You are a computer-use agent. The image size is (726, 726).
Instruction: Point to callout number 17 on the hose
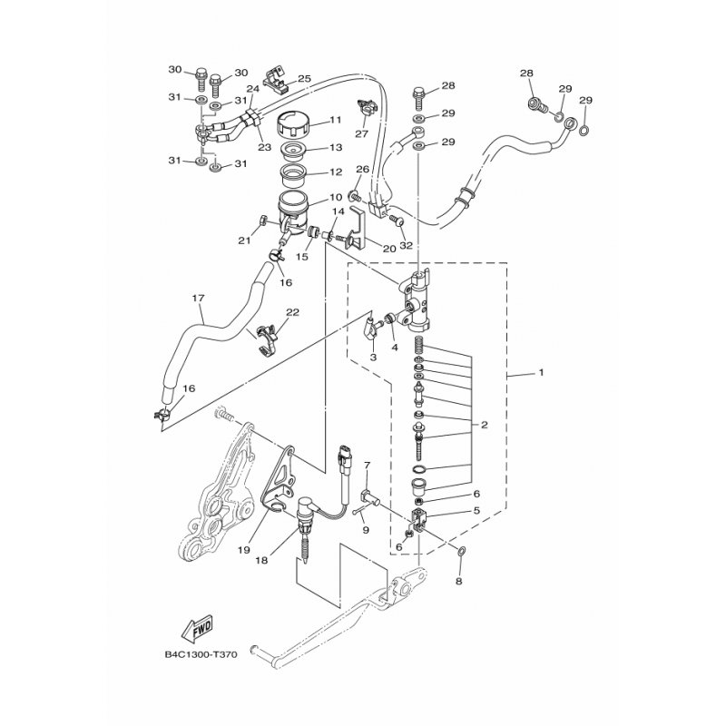coord(197,298)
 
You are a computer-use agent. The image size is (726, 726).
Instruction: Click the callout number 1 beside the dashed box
coord(541,373)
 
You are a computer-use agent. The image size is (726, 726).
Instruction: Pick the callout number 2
coord(485,425)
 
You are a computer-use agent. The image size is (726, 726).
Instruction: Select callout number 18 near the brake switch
coord(262,561)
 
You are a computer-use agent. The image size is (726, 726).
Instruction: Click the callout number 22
coord(292,313)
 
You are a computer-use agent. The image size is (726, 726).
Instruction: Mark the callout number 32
coord(406,244)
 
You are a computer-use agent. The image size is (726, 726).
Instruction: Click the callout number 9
coord(367,530)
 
